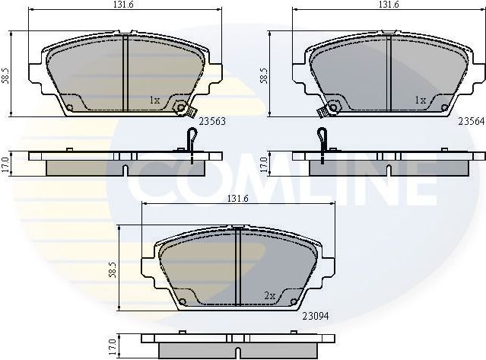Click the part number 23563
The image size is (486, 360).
pyautogui.click(x=212, y=120)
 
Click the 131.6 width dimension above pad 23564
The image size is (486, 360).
pyautogui.click(x=388, y=5)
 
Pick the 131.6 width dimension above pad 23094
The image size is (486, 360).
pyautogui.click(x=239, y=199)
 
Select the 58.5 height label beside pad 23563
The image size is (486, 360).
pyautogui.click(x=6, y=75)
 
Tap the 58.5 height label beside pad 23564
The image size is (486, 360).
pyautogui.click(x=263, y=75)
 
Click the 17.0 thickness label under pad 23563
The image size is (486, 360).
pyautogui.click(x=6, y=164)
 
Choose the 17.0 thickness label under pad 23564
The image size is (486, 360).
pyautogui.click(x=263, y=164)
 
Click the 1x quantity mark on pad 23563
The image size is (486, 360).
pyautogui.click(x=154, y=100)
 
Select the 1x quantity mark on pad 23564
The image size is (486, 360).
pyautogui.click(x=418, y=100)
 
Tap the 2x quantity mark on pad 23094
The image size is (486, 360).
pyautogui.click(x=268, y=295)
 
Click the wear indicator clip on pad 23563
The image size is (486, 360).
pyautogui.click(x=181, y=109)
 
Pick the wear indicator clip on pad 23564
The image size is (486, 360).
pyautogui.click(x=323, y=111)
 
